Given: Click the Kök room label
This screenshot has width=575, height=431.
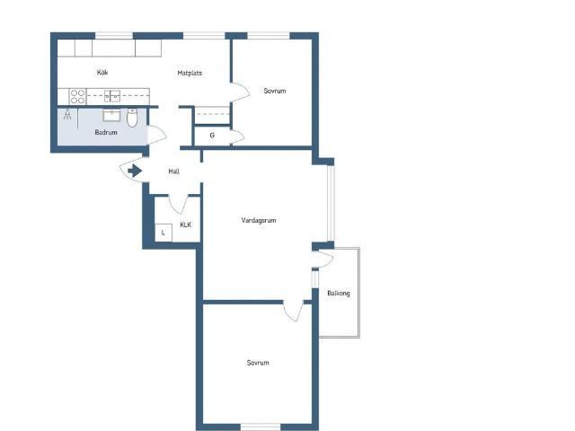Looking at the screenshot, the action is pyautogui.click(x=102, y=72).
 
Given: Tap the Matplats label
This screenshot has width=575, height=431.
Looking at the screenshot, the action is pyautogui.click(x=190, y=73).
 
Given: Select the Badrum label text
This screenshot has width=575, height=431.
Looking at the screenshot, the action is pyautogui.click(x=106, y=132).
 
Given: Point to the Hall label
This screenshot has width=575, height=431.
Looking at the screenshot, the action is pyautogui.click(x=173, y=172).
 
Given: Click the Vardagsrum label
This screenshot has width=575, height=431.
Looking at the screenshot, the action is pyautogui.click(x=259, y=220).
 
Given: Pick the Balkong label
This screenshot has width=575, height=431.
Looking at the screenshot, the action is pyautogui.click(x=339, y=294).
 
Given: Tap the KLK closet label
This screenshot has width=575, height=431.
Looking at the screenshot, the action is pyautogui.click(x=186, y=224).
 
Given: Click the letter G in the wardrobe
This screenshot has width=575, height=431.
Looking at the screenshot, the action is pyautogui.click(x=212, y=136).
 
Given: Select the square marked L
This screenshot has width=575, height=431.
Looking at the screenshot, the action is pyautogui.click(x=164, y=233).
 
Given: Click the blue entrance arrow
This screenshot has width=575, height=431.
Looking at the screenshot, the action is pyautogui.click(x=135, y=171).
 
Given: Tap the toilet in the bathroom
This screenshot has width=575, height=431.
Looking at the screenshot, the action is pyautogui.click(x=132, y=118).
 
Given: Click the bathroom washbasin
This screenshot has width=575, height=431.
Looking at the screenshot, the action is pyautogui.click(x=111, y=115).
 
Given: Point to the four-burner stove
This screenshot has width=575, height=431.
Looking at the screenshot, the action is pyautogui.click(x=77, y=96).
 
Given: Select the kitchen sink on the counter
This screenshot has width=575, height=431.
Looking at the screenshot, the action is pyautogui.click(x=112, y=96).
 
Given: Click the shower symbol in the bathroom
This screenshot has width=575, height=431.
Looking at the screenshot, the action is pyautogui.click(x=67, y=114).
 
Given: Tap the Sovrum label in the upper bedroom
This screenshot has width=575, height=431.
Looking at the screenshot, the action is pyautogui.click(x=275, y=91).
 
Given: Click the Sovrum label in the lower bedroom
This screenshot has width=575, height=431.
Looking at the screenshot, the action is pyautogui.click(x=258, y=363).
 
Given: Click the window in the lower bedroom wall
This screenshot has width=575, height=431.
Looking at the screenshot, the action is pyautogui.click(x=261, y=427).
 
